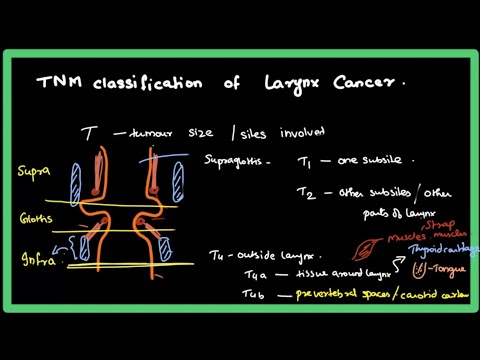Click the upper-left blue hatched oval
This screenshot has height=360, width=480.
point(75,184)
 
